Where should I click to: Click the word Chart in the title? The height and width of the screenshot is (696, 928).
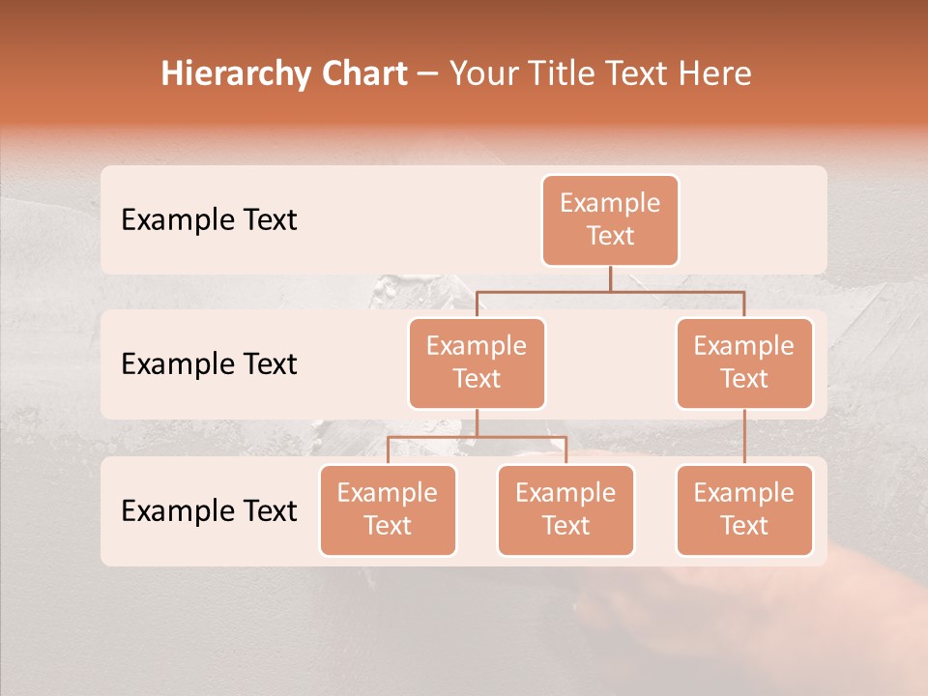point(361,74)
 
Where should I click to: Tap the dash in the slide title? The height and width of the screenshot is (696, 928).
point(428,74)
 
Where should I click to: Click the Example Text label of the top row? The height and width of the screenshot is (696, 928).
point(209,220)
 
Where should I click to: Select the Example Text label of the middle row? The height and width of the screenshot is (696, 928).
point(209,364)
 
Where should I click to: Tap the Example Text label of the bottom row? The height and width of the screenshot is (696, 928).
point(209,511)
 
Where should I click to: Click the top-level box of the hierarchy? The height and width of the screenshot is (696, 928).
point(610,220)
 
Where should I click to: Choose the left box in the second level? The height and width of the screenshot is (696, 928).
point(477,363)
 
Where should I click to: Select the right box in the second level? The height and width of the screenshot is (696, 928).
point(744,363)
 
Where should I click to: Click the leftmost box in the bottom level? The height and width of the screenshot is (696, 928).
point(388,510)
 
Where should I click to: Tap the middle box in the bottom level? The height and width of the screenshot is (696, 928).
point(565,510)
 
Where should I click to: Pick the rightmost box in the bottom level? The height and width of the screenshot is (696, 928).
point(744,510)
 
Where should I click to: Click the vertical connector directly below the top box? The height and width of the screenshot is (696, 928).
point(610,278)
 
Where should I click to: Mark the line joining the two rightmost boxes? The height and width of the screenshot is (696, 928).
point(744,437)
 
